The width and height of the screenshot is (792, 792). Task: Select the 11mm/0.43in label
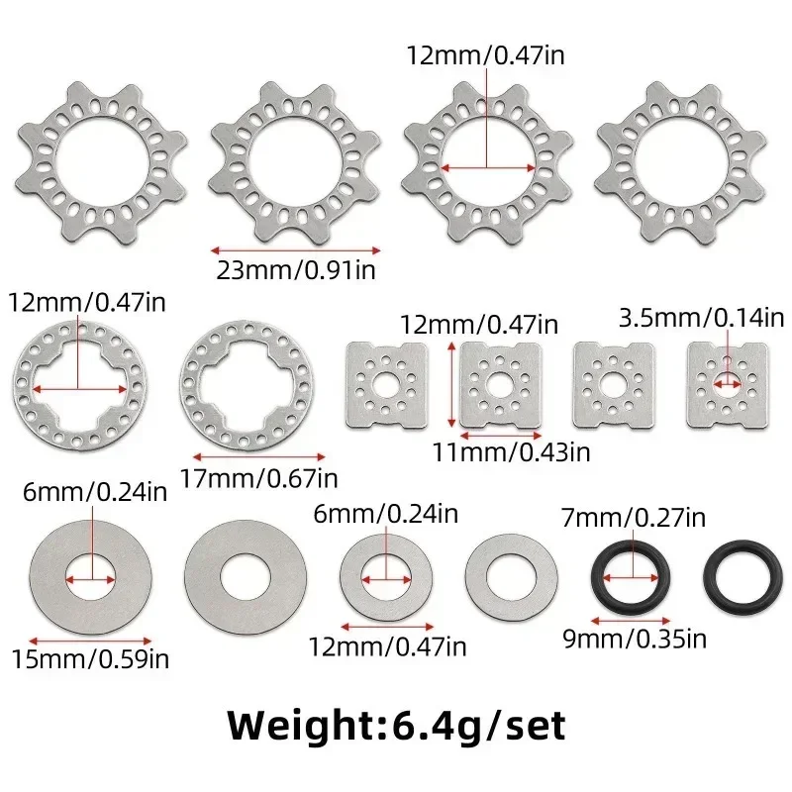[511, 452]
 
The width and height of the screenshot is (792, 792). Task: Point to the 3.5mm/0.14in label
[701, 318]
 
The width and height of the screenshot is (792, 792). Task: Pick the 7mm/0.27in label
[634, 516]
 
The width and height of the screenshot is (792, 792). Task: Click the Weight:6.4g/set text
[396, 726]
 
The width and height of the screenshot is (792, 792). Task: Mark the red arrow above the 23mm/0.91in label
[294, 249]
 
